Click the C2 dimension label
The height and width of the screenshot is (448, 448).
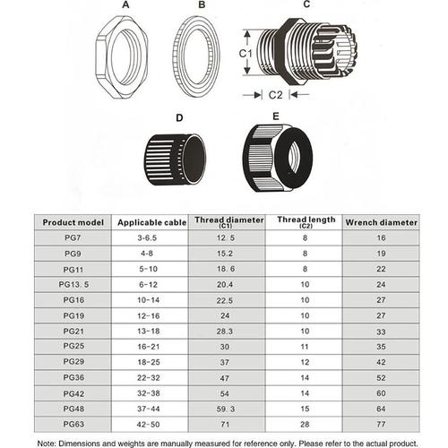point(278,93)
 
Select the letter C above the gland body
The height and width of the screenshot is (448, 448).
point(306,5)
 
